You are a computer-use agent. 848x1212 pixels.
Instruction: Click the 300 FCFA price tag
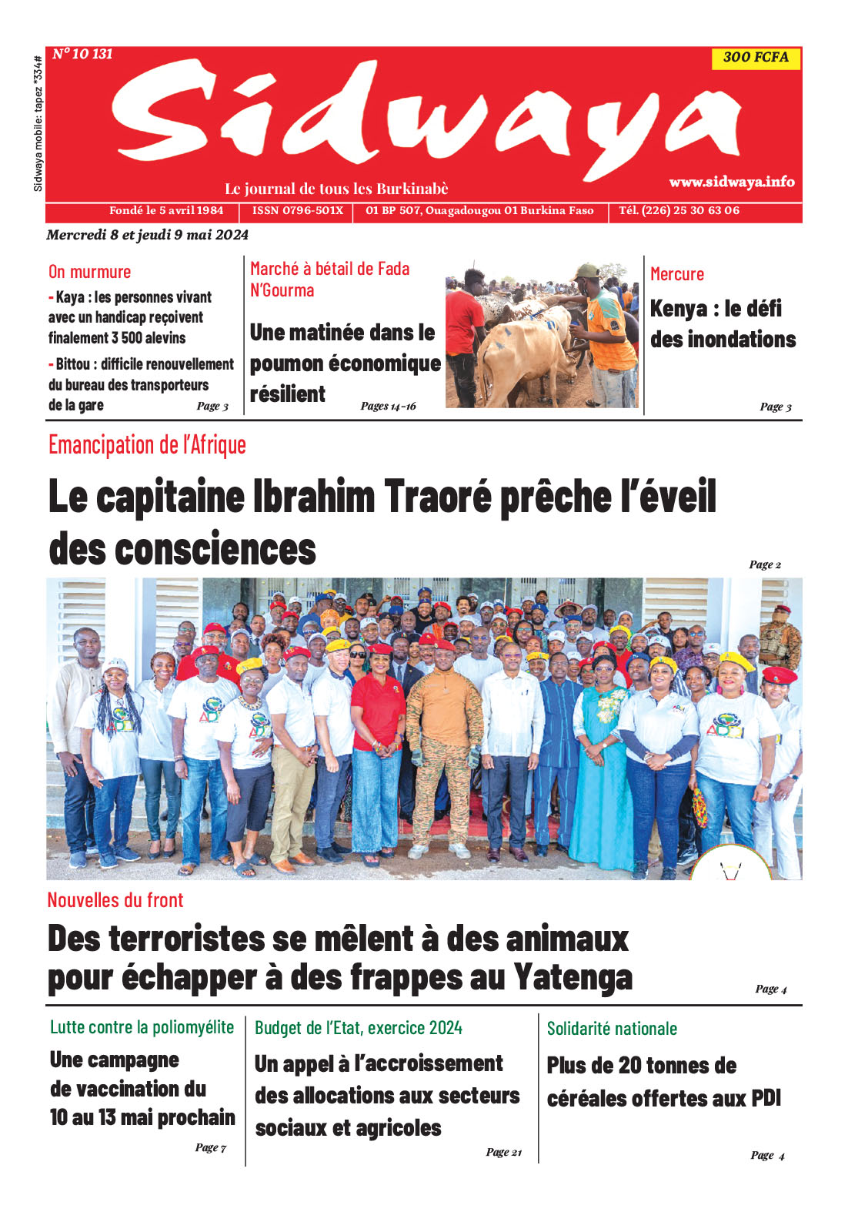point(756,57)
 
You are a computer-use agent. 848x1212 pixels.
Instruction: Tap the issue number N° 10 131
point(82,54)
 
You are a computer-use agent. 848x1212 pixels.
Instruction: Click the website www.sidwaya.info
point(731,182)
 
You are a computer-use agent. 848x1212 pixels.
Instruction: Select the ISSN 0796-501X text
point(298,210)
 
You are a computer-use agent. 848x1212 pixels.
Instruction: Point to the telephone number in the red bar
point(679,210)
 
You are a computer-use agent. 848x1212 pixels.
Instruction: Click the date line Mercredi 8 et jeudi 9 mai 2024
point(147,235)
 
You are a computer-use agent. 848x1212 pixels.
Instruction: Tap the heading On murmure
point(89,272)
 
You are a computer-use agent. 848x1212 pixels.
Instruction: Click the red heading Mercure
point(676,274)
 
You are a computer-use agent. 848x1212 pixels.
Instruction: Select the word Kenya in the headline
point(678,309)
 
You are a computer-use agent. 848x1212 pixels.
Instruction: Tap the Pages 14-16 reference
point(388,406)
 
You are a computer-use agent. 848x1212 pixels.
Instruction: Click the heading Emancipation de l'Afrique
point(147,445)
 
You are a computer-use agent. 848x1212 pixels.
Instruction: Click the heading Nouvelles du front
point(115,900)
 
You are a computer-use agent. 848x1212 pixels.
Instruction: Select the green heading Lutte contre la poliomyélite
point(142,1027)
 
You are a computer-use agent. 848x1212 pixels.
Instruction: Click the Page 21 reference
point(503,1152)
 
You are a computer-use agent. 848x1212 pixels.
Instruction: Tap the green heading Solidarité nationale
point(612,1029)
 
